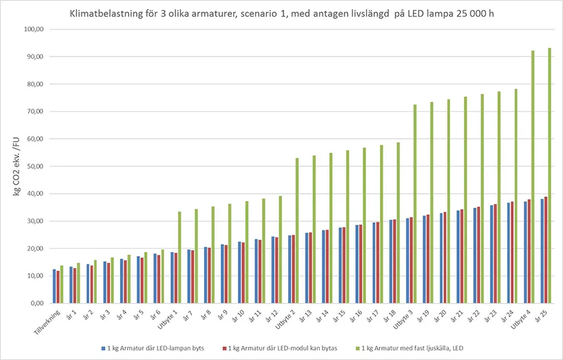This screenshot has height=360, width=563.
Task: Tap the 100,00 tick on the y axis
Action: pos(33,29)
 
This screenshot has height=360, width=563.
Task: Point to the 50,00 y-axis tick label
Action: pos(34,166)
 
